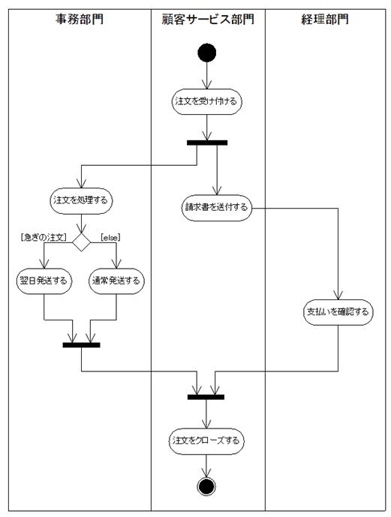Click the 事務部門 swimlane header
pyautogui.click(x=79, y=19)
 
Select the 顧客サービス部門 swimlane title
pyautogui.click(x=208, y=19)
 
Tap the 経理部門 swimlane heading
pyautogui.click(x=325, y=19)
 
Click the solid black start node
pyautogui.click(x=206, y=53)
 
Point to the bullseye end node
pyautogui.click(x=206, y=486)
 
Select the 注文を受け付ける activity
pyautogui.click(x=206, y=101)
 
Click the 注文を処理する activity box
pyautogui.click(x=81, y=200)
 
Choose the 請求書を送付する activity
pyautogui.click(x=217, y=208)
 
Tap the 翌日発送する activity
pyautogui.click(x=44, y=281)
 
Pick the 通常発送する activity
pyautogui.click(x=116, y=281)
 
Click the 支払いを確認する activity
pyautogui.click(x=338, y=312)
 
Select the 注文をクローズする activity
pyautogui.click(x=206, y=440)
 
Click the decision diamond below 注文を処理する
pyautogui.click(x=81, y=242)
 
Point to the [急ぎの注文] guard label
pyautogui.click(x=44, y=237)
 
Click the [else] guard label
pyautogui.click(x=110, y=237)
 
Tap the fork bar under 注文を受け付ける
pyautogui.click(x=207, y=143)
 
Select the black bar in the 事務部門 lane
pyautogui.click(x=82, y=345)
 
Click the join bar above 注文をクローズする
pyautogui.click(x=206, y=397)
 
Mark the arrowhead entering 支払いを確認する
pyautogui.click(x=338, y=296)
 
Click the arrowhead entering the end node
pyautogui.click(x=206, y=473)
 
